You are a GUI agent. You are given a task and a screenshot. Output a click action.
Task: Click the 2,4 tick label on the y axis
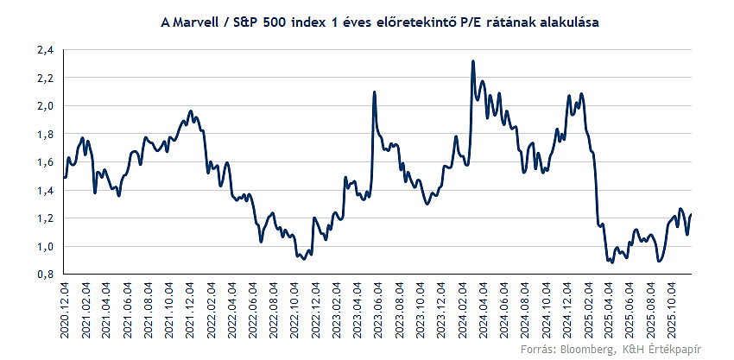coord(45,50)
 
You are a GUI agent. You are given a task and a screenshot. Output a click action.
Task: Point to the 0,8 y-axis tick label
coord(45,275)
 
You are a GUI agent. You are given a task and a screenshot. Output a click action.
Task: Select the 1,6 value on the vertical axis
coord(45,162)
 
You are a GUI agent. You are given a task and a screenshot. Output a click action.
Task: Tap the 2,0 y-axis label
coord(45,106)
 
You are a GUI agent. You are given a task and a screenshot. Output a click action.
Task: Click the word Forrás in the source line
coord(537,349)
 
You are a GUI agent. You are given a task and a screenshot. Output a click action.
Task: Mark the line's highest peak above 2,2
coord(472,61)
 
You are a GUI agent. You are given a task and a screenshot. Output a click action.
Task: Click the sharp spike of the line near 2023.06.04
coord(374,92)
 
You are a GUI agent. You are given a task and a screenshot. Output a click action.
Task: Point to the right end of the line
coord(692,215)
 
